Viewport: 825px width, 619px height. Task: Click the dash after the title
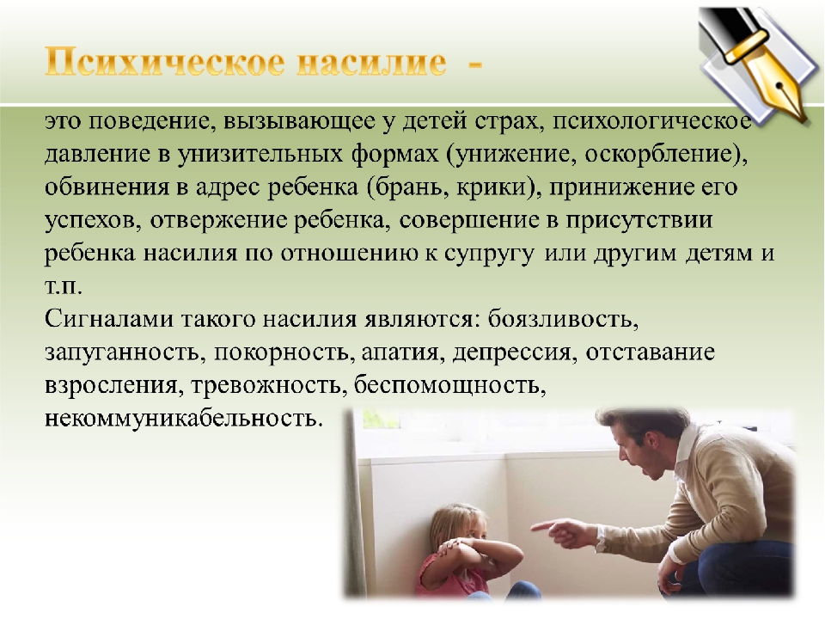(474, 64)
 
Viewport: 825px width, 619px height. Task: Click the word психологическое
(652, 121)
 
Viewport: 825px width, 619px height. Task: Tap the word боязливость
(562, 319)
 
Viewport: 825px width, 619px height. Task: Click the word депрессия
(510, 352)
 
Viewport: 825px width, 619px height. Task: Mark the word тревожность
(266, 385)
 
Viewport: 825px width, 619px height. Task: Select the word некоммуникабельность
(182, 418)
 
